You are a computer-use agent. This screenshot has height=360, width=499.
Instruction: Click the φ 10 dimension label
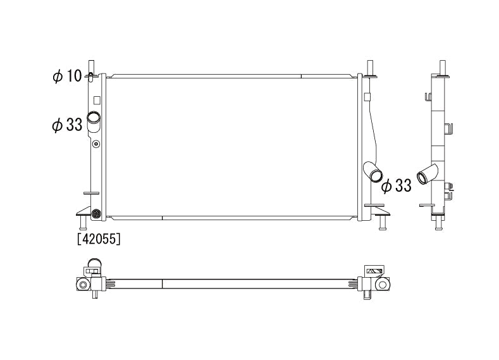click(68, 76)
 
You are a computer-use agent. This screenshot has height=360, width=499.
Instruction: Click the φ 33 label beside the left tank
click(67, 125)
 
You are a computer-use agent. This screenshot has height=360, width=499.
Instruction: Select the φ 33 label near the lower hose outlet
click(396, 185)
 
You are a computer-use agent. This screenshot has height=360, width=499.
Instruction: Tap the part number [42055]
click(99, 239)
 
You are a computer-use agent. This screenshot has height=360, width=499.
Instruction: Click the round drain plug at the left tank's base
click(96, 213)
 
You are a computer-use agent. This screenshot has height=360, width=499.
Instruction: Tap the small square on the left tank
click(97, 100)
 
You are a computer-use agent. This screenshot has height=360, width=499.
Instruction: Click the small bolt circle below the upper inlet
click(96, 144)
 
